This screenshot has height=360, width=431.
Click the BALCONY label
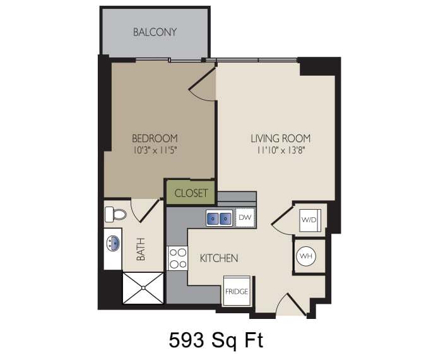[x=155, y=32]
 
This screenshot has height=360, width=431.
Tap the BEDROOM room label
[x=155, y=138]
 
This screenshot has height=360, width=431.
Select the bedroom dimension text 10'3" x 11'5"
[x=155, y=150]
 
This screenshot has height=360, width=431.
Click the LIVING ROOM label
[x=280, y=138]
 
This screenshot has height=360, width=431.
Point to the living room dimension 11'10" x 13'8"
[x=280, y=151]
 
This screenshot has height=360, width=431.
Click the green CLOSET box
[x=191, y=193]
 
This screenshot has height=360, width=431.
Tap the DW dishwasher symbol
[x=245, y=218]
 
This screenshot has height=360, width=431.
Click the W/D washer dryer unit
[x=309, y=220]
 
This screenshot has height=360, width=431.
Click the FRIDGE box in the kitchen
[x=237, y=291]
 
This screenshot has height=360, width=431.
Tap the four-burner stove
[x=177, y=258]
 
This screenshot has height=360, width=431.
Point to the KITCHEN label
[x=219, y=258]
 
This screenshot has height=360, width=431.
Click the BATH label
[x=141, y=249]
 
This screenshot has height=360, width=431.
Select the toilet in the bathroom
[x=115, y=214]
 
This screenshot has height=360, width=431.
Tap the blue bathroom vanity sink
[x=114, y=243]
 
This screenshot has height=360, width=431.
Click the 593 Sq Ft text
[x=215, y=340]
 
